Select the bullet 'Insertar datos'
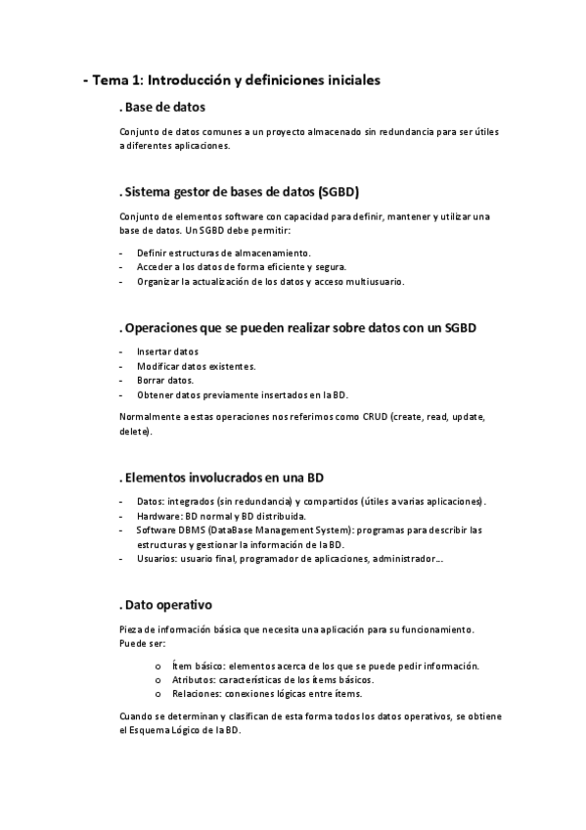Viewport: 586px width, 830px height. point(167,351)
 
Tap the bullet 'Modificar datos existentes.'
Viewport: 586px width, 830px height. point(183,366)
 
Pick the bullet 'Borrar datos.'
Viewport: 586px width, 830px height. point(165,380)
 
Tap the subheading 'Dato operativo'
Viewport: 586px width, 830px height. point(167,604)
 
